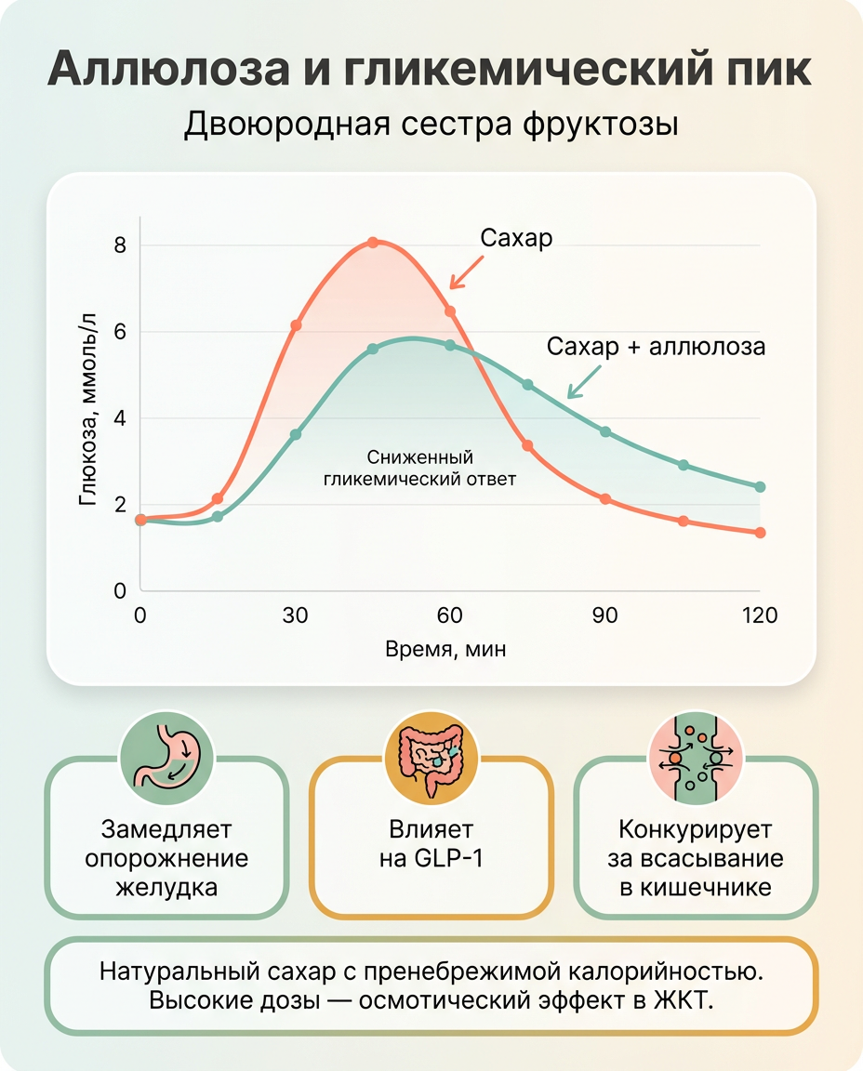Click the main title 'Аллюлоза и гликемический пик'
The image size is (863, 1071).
pyautogui.click(x=431, y=71)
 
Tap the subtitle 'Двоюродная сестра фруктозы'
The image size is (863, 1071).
pyautogui.click(x=431, y=124)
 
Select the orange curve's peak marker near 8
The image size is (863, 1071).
pyautogui.click(x=373, y=243)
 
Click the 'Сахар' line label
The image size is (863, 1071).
pyautogui.click(x=516, y=238)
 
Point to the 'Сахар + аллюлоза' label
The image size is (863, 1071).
pyautogui.click(x=656, y=347)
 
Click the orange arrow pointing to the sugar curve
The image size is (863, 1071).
pyautogui.click(x=466, y=271)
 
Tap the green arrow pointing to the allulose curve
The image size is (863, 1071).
pyautogui.click(x=584, y=381)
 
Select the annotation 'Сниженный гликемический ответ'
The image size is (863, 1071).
pyautogui.click(x=418, y=469)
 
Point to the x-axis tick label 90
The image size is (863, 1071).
pyautogui.click(x=605, y=615)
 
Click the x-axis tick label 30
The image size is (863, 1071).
pyautogui.click(x=295, y=615)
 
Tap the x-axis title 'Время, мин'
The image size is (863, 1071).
pyautogui.click(x=445, y=649)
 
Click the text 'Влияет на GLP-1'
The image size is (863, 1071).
pyautogui.click(x=431, y=844)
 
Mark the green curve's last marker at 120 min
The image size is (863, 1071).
pyautogui.click(x=760, y=487)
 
